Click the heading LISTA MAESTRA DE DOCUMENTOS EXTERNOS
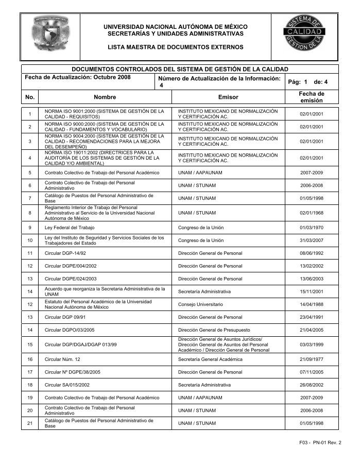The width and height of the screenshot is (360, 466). coord(175,47)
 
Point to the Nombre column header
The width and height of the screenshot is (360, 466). coord(105,97)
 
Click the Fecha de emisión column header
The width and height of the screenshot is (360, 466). coord(311,97)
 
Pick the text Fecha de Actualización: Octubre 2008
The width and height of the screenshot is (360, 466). coord(78,77)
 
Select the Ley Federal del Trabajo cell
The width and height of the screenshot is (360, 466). coord(70,227)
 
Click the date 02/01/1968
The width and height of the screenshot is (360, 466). coord(311,213)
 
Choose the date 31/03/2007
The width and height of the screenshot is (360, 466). coord(311,240)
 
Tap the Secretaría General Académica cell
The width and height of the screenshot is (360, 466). coord(210,359)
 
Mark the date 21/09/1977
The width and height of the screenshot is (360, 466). coord(311,359)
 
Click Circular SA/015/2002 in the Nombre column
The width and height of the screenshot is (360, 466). coord(67,385)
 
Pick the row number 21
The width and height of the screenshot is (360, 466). coord(30,423)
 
